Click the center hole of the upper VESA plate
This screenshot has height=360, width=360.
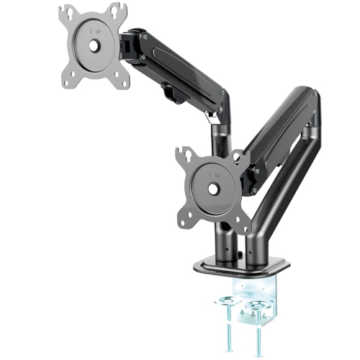click(94, 43)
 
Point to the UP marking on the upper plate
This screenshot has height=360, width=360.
click(94, 30)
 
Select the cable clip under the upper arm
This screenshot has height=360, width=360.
click(169, 91)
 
